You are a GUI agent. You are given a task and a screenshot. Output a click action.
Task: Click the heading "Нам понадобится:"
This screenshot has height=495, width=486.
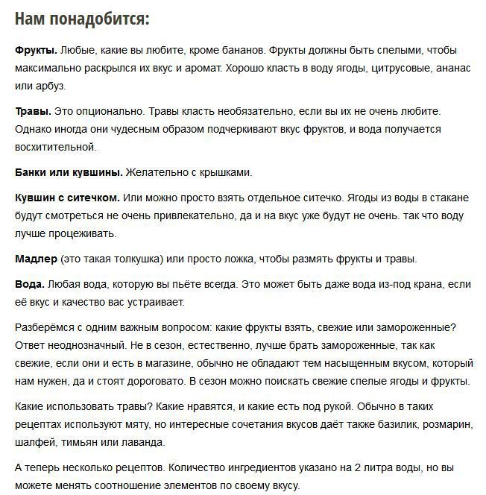(82, 18)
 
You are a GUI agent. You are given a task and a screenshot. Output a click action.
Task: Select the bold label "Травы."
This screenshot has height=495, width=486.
(34, 111)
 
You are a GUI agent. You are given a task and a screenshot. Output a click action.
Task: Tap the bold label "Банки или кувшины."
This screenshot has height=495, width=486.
(69, 172)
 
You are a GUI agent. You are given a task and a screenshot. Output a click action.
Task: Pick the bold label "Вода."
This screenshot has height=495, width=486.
(30, 285)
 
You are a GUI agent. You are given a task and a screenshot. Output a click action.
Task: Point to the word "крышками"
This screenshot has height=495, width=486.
(226, 172)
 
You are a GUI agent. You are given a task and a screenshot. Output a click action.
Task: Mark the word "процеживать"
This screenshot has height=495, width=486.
(80, 233)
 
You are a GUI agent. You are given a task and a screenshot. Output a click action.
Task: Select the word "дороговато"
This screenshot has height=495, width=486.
(149, 381)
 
